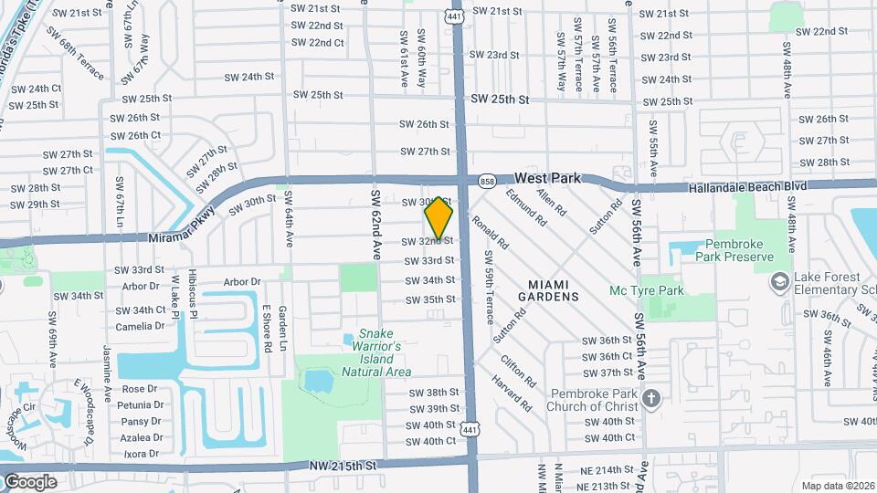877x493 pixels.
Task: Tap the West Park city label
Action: [x=548, y=178]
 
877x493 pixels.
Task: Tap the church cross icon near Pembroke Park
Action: [x=650, y=399]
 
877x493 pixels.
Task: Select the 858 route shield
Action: [x=487, y=182]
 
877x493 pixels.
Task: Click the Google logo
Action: [x=30, y=481]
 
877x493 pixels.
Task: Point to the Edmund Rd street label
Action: [x=525, y=209]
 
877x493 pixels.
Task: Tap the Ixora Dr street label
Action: [x=142, y=453]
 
